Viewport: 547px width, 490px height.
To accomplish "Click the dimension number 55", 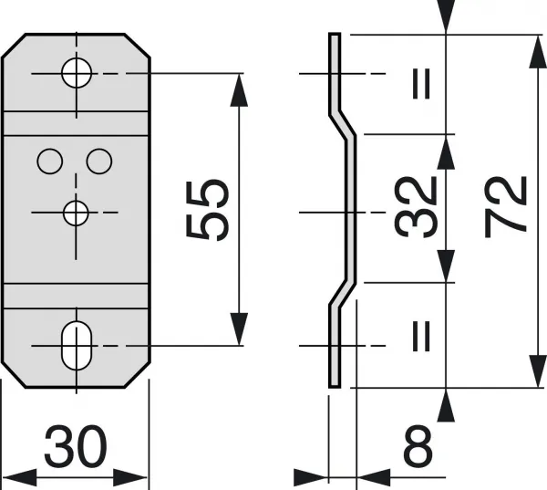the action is [208, 211].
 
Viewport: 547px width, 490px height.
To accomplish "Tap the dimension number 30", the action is [76, 446].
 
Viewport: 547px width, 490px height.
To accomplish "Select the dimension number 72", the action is [505, 207].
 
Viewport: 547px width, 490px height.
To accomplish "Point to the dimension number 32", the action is [416, 207].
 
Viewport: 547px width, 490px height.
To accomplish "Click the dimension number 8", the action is [418, 446].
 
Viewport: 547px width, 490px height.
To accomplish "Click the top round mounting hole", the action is [77, 73].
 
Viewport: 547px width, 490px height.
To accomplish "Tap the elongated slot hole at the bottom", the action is [77, 346].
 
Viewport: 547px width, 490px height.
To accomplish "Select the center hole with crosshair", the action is [76, 213].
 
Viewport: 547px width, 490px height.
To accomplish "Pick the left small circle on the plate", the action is [50, 162].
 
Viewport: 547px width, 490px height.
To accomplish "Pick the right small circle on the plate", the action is [99, 162].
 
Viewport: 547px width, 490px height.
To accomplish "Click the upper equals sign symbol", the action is [421, 84].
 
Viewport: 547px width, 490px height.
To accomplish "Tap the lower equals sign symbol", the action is [421, 336].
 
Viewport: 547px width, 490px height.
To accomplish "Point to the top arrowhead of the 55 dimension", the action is [239, 89].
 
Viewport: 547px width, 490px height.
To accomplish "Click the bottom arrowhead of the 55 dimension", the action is [239, 329].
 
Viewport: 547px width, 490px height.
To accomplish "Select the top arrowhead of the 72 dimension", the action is [537, 51].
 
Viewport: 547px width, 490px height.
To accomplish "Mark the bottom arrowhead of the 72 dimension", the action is [537, 371].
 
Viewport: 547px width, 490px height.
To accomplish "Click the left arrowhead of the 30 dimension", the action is [19, 477].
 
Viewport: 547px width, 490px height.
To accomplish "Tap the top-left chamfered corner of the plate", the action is [14, 46].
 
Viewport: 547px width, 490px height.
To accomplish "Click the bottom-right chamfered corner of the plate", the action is [137, 375].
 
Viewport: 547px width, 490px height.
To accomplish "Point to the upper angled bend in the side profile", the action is [343, 125].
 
